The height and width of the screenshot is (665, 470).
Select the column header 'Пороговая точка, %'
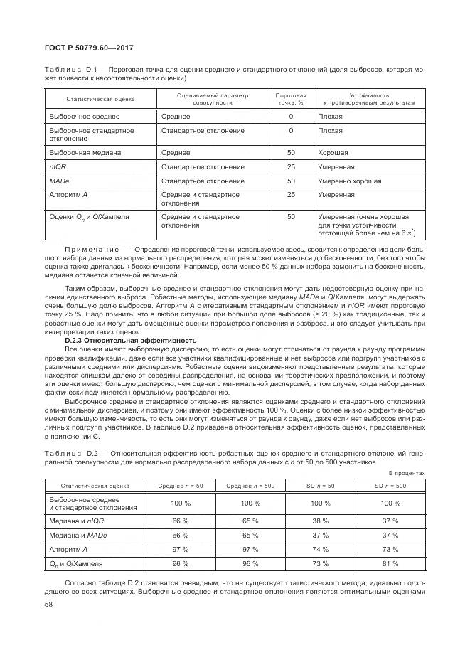click(x=291, y=99)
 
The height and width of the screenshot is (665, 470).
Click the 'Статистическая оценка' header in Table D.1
click(x=101, y=99)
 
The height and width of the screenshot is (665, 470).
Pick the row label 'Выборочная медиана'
click(x=85, y=153)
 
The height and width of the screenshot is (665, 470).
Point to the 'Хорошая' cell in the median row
click(x=333, y=153)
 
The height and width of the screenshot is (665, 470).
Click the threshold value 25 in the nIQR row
click(x=291, y=167)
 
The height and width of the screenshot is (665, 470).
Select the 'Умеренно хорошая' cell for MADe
click(x=349, y=181)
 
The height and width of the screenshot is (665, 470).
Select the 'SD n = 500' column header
click(x=390, y=486)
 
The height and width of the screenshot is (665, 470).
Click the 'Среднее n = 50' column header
click(x=181, y=486)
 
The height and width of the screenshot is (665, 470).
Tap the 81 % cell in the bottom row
click(x=390, y=564)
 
